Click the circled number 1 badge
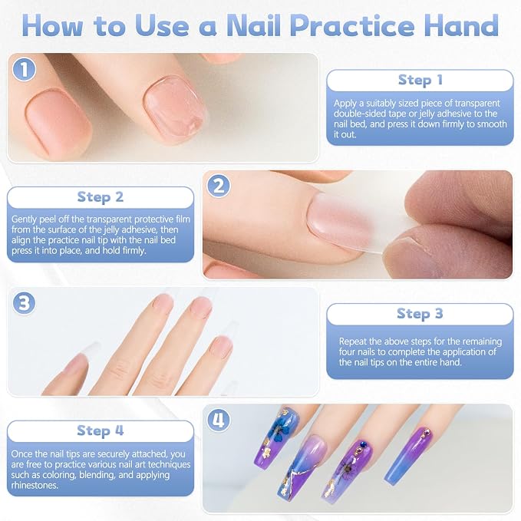(x=24, y=69)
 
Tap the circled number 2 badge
(x=219, y=186)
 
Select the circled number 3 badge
(x=24, y=303)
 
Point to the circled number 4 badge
(x=219, y=420)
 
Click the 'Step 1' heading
(x=420, y=80)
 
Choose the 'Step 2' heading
(x=101, y=197)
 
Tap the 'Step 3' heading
(x=420, y=314)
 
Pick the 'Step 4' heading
(x=101, y=430)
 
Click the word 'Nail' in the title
(x=254, y=25)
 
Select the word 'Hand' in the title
(x=461, y=25)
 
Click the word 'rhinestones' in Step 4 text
(x=35, y=485)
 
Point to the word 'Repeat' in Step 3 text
(x=353, y=342)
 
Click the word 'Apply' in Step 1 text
(x=345, y=104)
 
